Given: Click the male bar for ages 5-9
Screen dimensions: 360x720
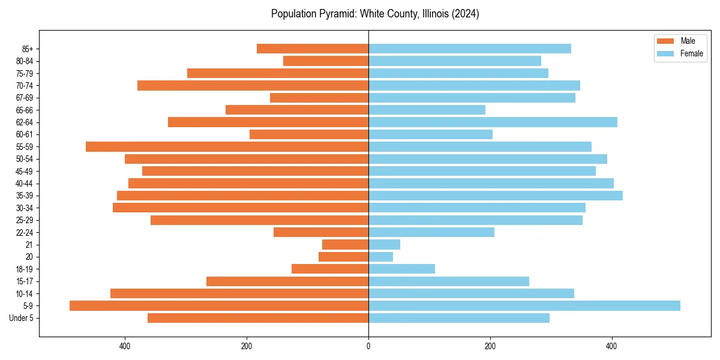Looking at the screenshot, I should [x=219, y=305].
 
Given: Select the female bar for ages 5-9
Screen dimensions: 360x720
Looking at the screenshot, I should [x=524, y=305].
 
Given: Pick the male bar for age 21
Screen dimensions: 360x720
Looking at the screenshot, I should [x=346, y=244].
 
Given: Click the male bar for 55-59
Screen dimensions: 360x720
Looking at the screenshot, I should [x=227, y=146].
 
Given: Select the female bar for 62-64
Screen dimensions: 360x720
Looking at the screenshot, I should [x=493, y=122].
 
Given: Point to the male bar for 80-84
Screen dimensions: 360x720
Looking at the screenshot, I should [x=326, y=61].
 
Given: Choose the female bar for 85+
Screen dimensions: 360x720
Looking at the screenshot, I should [x=470, y=49].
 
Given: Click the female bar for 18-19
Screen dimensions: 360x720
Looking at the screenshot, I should [x=401, y=269].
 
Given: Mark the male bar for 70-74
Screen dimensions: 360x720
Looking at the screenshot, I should [x=253, y=85].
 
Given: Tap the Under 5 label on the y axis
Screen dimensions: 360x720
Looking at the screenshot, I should [x=21, y=318].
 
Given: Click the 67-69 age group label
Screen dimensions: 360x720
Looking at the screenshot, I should [x=25, y=98].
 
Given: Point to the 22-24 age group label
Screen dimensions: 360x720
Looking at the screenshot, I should [x=25, y=232].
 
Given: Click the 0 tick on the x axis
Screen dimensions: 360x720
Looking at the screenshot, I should [x=368, y=346].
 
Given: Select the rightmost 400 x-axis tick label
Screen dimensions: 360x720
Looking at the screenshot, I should [x=611, y=346].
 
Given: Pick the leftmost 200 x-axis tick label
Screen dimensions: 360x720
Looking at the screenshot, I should [x=247, y=346].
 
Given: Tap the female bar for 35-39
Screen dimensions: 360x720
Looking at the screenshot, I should [x=496, y=196].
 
